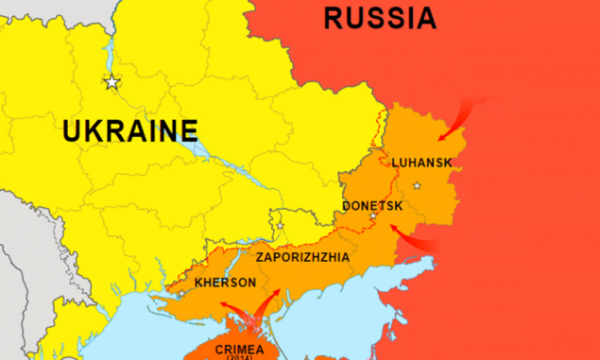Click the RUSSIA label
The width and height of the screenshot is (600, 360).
tap(379, 17)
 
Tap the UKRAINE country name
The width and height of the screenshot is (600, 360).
tap(130, 129)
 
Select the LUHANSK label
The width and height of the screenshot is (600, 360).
tap(420, 163)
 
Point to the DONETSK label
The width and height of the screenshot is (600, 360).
tap(371, 205)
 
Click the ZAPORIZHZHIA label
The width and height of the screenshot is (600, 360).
tap(302, 257)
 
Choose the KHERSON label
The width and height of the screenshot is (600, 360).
tap(224, 283)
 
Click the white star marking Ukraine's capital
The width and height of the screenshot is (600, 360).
tap(112, 82)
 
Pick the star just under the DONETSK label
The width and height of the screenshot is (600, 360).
tap(372, 217)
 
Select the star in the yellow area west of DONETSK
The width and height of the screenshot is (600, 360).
tap(279, 226)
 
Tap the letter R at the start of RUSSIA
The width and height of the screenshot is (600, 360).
tap(333, 17)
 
